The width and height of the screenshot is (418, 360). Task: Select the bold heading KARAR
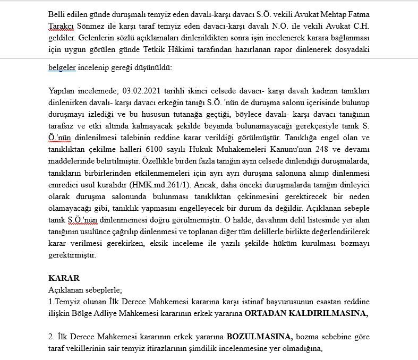(64, 278)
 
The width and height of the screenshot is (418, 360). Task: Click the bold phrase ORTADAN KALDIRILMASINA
(306, 313)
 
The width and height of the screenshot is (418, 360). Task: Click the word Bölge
(71, 313)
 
